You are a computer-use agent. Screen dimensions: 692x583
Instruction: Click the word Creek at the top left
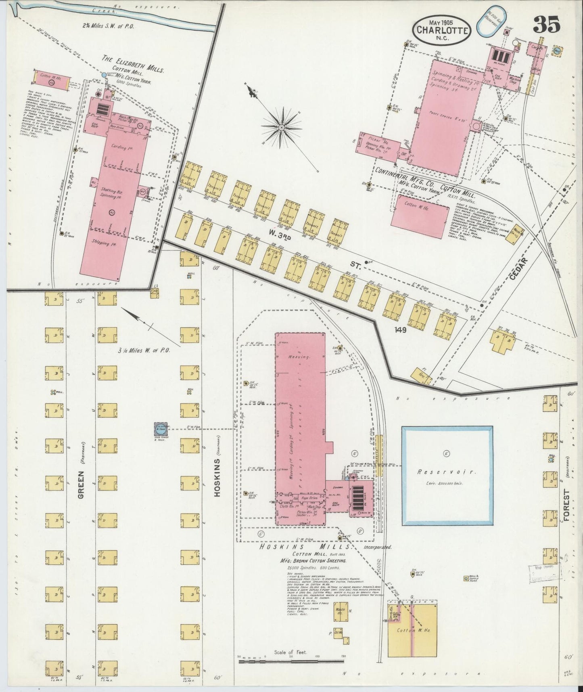point(98,11)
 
